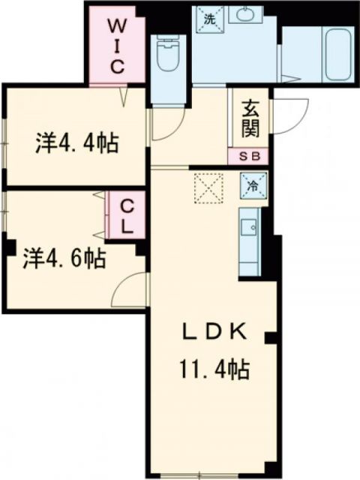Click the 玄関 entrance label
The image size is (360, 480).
coord(250,120)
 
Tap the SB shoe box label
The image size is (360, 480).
coord(250,157)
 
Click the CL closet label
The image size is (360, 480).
coord(127,216)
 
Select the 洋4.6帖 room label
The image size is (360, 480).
coord(63,259)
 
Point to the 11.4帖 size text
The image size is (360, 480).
coord(213,369)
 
